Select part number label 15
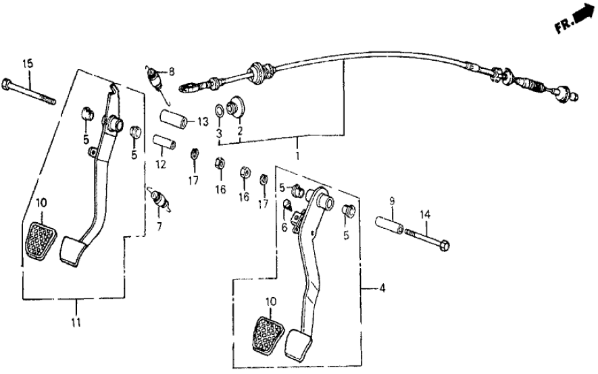(27, 64)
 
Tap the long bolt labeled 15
(31, 93)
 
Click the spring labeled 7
(159, 200)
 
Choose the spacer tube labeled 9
(389, 222)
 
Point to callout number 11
(76, 322)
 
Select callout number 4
(382, 290)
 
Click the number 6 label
(284, 229)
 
